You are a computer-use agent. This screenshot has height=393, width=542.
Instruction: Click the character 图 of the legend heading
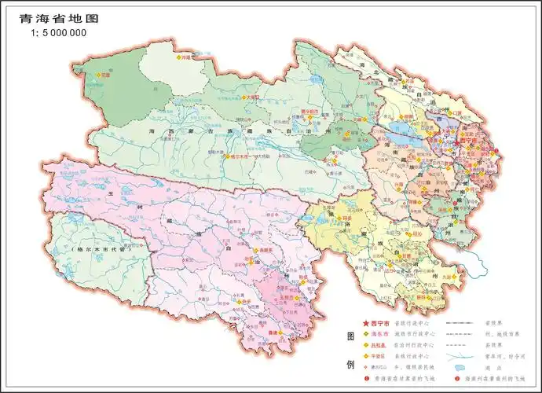tap(350, 336)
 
